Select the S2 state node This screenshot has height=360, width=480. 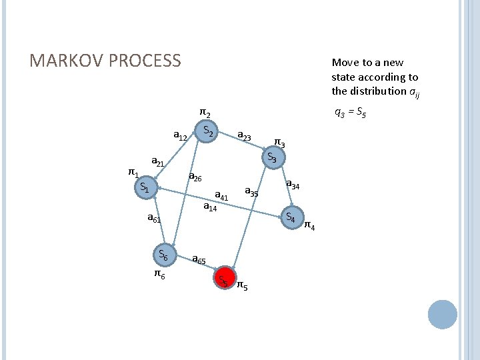point(208,131)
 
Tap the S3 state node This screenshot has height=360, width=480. point(272,158)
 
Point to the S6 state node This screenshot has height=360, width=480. point(164,254)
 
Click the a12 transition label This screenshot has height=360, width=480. point(180,136)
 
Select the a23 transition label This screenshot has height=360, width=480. point(245,136)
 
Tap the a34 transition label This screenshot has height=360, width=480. point(293,185)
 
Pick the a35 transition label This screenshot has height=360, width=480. point(251,192)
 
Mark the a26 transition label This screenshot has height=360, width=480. point(195,177)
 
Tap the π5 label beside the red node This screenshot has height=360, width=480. point(243,287)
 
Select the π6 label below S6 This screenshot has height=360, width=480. point(160,273)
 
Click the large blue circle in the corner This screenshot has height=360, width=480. point(442,314)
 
